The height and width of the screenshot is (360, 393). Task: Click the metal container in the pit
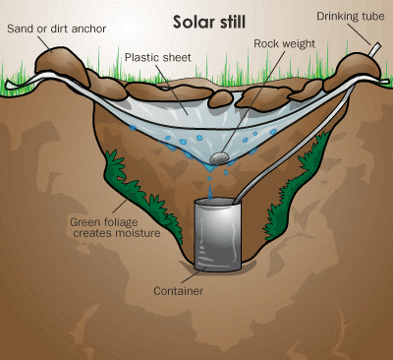pyautogui.click(x=214, y=230)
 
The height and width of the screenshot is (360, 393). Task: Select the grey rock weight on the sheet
pyautogui.click(x=224, y=152)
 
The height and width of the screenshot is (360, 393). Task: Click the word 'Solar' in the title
pyautogui.click(x=193, y=21)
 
